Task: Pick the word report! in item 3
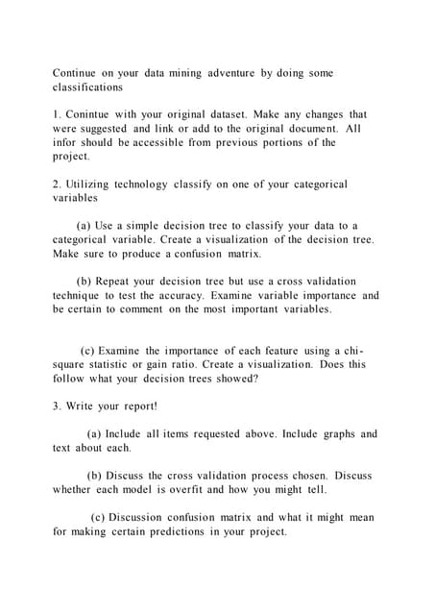[x=137, y=406]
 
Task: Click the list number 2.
[x=57, y=184]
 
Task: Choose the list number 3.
[x=57, y=406]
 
